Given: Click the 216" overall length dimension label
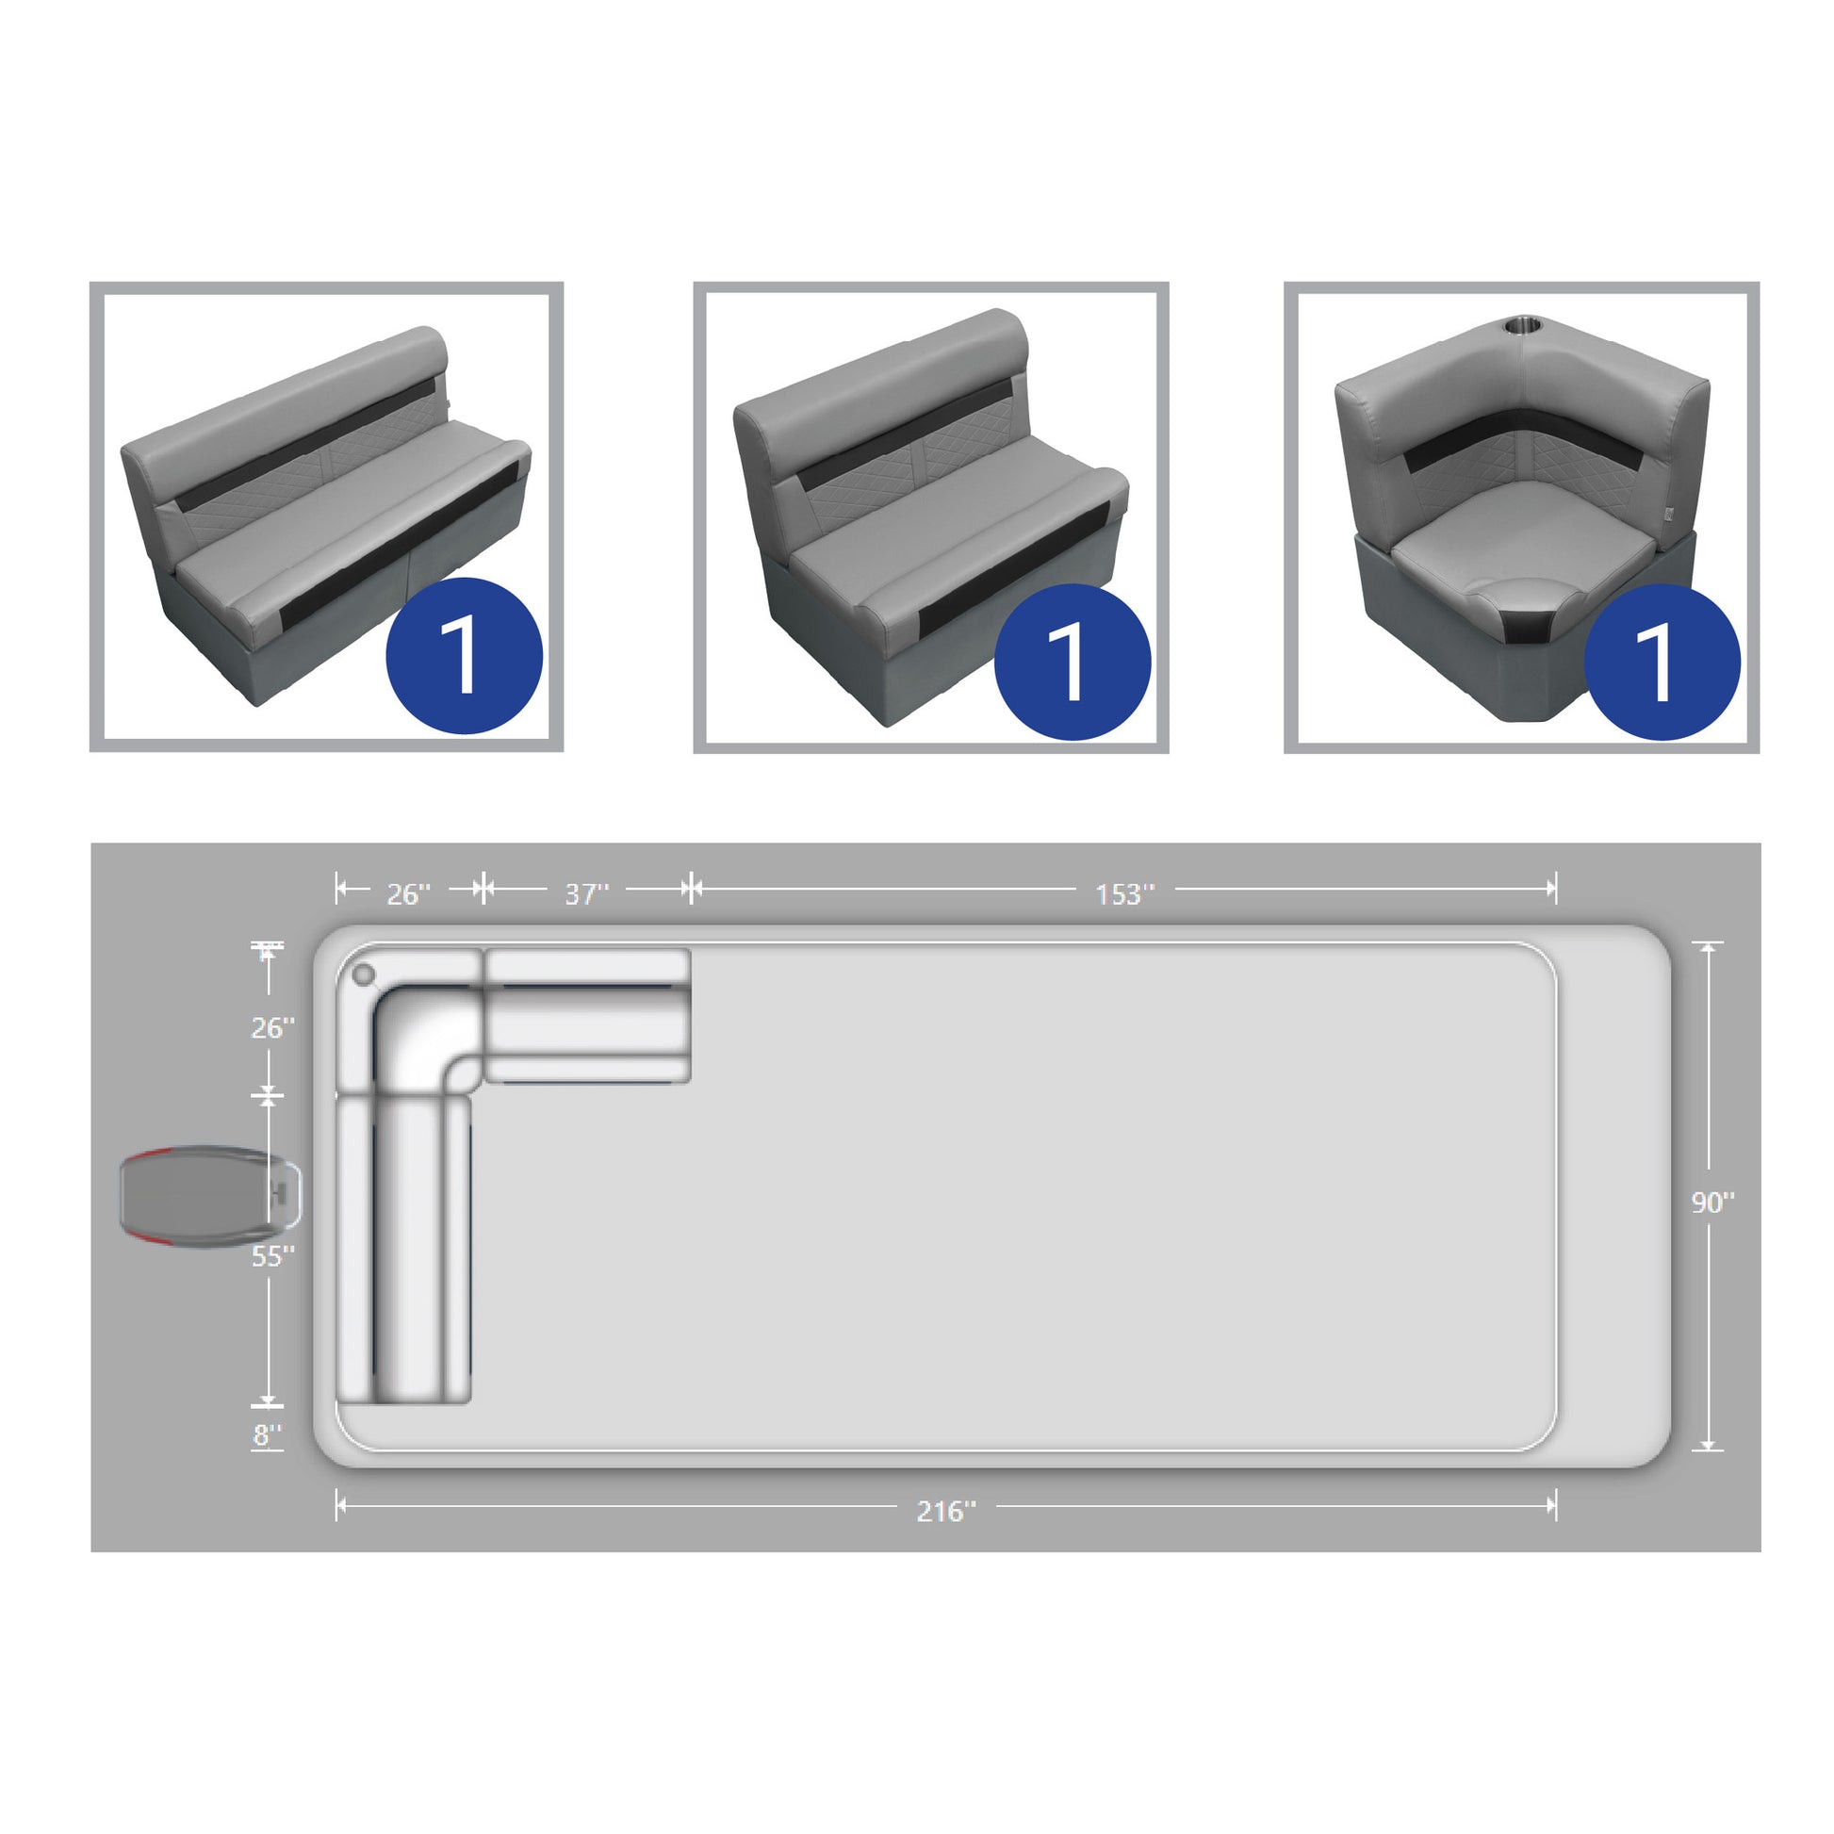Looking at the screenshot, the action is [x=945, y=1512].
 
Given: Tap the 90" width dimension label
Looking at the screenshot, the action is [x=1712, y=1203].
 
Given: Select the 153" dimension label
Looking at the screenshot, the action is [x=1125, y=894].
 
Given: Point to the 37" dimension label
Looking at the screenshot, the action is [x=586, y=894].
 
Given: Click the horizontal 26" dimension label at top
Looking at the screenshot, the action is [x=408, y=894].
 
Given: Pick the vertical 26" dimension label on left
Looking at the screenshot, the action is [x=272, y=1028].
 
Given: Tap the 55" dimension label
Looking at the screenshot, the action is [x=272, y=1257].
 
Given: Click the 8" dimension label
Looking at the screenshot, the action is [x=268, y=1435].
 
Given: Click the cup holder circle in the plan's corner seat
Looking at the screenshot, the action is [x=364, y=974].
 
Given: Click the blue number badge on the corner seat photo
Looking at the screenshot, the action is [x=1662, y=662].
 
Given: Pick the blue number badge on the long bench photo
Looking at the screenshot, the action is [x=465, y=656].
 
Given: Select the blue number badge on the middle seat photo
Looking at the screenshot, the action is [x=1073, y=662].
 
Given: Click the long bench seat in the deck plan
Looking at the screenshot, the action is [x=404, y=1251].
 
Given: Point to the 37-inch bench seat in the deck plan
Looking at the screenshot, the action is [x=587, y=1016].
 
